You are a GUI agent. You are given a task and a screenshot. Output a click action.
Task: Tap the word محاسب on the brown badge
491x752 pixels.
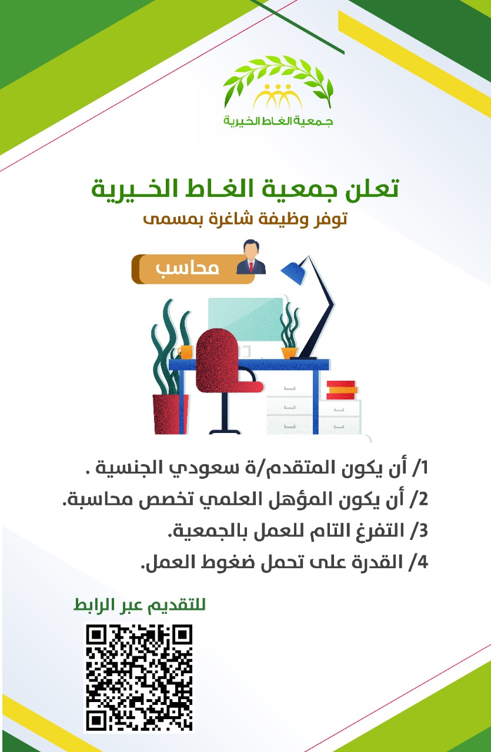coord(187,268)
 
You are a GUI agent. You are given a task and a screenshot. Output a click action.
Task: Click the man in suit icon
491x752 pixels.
coord(251,257)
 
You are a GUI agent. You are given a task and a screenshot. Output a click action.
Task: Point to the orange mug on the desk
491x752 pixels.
coord(185,352)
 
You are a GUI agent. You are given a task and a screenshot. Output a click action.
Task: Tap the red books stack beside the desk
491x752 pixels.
coord(342,390)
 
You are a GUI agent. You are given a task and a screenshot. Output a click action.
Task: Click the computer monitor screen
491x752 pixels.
coord(246,319)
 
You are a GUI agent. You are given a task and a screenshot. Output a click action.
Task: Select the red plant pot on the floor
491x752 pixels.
coord(170,414)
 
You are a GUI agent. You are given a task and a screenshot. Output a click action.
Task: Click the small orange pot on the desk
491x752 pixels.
coord(289,353)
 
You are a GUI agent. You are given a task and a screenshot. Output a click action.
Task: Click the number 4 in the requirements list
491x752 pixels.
coord(423,562)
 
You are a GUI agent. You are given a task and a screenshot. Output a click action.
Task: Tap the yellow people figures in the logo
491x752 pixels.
coord(278,96)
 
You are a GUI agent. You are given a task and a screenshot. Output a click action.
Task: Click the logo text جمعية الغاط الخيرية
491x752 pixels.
coord(278,121)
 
